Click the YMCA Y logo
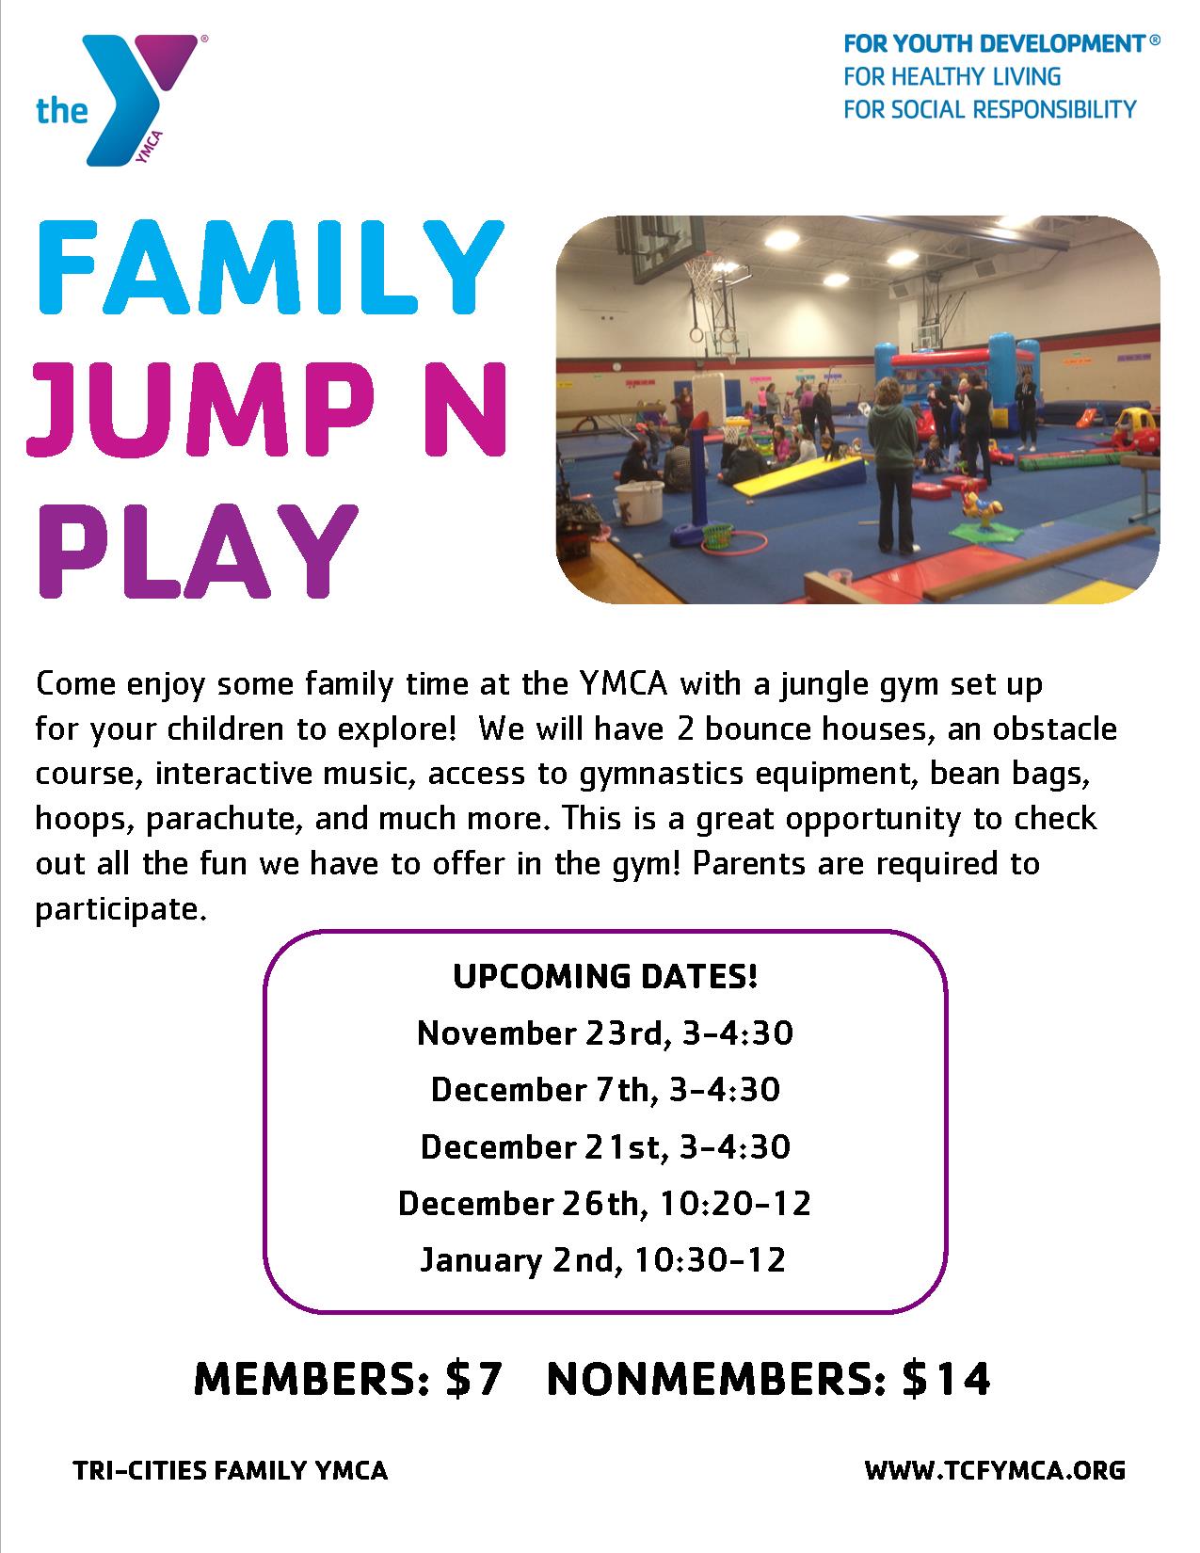pyautogui.click(x=121, y=100)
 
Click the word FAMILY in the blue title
pyautogui.click(x=270, y=267)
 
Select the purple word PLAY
pyautogui.click(x=198, y=551)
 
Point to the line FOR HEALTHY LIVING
pyautogui.click(x=952, y=76)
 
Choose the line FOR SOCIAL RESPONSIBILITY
pyautogui.click(x=990, y=109)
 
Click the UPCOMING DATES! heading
pyautogui.click(x=605, y=976)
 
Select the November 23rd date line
pyautogui.click(x=605, y=1033)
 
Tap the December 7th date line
pyautogui.click(x=605, y=1090)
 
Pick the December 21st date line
pyautogui.click(x=605, y=1147)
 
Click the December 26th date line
pyautogui.click(x=604, y=1204)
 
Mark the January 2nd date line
pyautogui.click(x=603, y=1260)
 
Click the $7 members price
pyautogui.click(x=473, y=1379)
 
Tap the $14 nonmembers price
pyautogui.click(x=946, y=1379)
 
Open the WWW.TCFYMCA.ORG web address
pyautogui.click(x=995, y=1471)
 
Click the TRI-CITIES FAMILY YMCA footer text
pyautogui.click(x=231, y=1471)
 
